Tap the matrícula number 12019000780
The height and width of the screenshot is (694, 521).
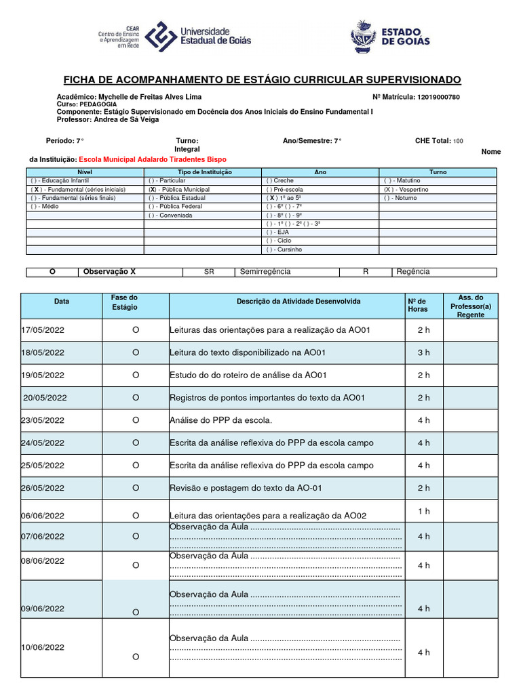point(438,97)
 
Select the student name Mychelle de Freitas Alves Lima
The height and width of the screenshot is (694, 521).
point(150,97)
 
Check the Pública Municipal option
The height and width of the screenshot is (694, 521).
point(179,190)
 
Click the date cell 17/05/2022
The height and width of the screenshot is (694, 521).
point(43,330)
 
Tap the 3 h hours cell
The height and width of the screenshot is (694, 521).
point(423,352)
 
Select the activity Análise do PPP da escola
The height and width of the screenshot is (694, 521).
point(220,420)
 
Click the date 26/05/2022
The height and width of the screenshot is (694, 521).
point(43,488)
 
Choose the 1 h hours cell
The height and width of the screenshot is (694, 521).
point(423,511)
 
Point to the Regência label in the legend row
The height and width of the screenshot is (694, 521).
point(413,272)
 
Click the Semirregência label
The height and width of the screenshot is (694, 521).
point(265,272)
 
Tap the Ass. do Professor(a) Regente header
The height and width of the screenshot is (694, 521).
point(470,306)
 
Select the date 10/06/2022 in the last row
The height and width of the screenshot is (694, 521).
point(43,647)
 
